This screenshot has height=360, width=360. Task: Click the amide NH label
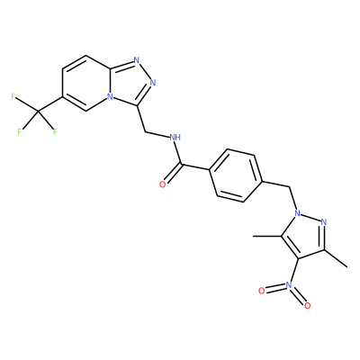pos(175,138)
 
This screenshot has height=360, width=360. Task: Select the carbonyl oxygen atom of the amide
pos(162,184)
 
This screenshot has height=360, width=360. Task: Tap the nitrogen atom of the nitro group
pos(289,284)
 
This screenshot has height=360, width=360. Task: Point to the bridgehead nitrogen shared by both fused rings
pos(111,97)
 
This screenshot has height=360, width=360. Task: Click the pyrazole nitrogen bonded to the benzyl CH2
pos(297,213)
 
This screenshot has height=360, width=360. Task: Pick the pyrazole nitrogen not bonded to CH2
pos(323,222)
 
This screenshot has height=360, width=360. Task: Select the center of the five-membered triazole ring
pos(130,84)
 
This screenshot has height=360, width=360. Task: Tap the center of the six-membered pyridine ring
pos(86,84)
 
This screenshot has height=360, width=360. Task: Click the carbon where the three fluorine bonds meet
pos(39,112)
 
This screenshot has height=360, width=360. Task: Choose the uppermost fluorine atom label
pos(13,96)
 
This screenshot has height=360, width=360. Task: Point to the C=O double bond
pos(173,174)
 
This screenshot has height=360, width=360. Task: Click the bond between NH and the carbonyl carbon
pos(178,153)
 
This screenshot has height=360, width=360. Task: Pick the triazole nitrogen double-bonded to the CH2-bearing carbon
pos(153,82)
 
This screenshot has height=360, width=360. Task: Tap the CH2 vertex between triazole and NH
pos(145,131)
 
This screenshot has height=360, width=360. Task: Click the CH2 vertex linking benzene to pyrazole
pos(291,187)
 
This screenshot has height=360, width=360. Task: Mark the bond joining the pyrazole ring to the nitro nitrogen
pos(293,270)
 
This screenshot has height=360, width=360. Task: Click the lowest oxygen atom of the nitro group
pos(307,306)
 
